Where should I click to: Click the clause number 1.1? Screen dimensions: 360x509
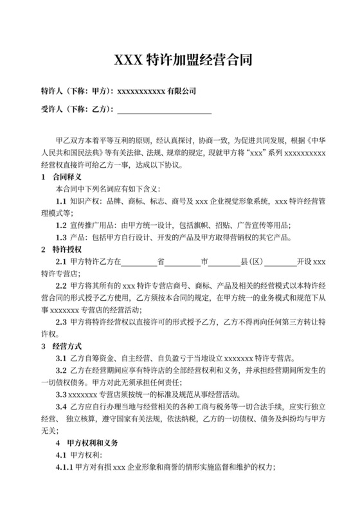tap(62, 201)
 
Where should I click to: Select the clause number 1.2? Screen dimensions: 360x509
tap(62, 225)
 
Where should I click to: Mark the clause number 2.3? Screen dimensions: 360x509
tap(62, 323)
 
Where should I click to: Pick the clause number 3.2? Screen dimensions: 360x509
tap(62, 371)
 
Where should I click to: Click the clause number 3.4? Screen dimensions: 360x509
tap(62, 407)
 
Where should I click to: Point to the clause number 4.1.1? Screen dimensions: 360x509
tap(65, 469)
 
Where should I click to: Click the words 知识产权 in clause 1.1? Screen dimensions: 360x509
tap(84, 201)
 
